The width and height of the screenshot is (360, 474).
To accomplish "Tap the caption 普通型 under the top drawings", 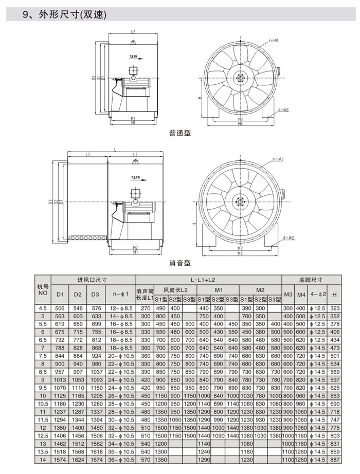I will (x=179, y=133).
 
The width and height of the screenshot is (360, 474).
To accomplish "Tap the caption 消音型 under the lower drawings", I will (x=179, y=263).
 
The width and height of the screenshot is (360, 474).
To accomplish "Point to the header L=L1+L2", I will (x=208, y=280).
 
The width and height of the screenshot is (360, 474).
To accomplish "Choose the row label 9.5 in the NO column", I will (x=43, y=387).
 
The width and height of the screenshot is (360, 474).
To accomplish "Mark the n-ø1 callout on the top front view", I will (x=274, y=40).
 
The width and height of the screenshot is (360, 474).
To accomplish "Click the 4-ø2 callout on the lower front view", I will (x=288, y=238).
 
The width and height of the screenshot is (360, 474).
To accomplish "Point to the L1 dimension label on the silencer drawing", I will (x=88, y=154).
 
